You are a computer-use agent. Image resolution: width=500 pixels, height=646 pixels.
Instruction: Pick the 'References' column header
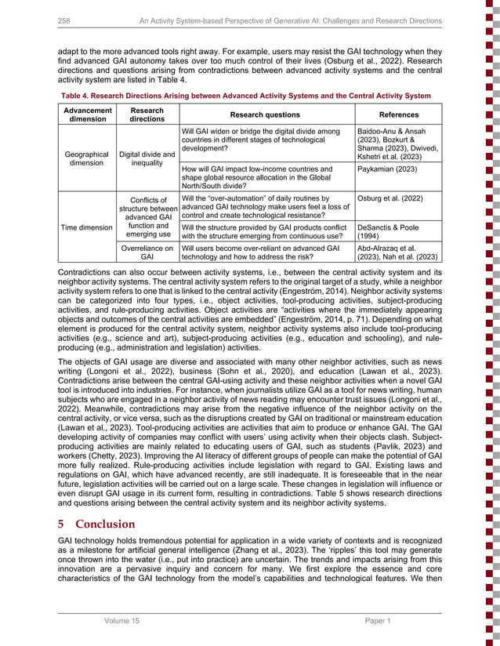click(397, 114)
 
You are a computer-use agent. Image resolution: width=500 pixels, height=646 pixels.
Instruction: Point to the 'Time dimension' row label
click(87, 227)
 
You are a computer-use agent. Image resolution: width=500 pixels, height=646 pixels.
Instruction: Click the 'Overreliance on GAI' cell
click(147, 252)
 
